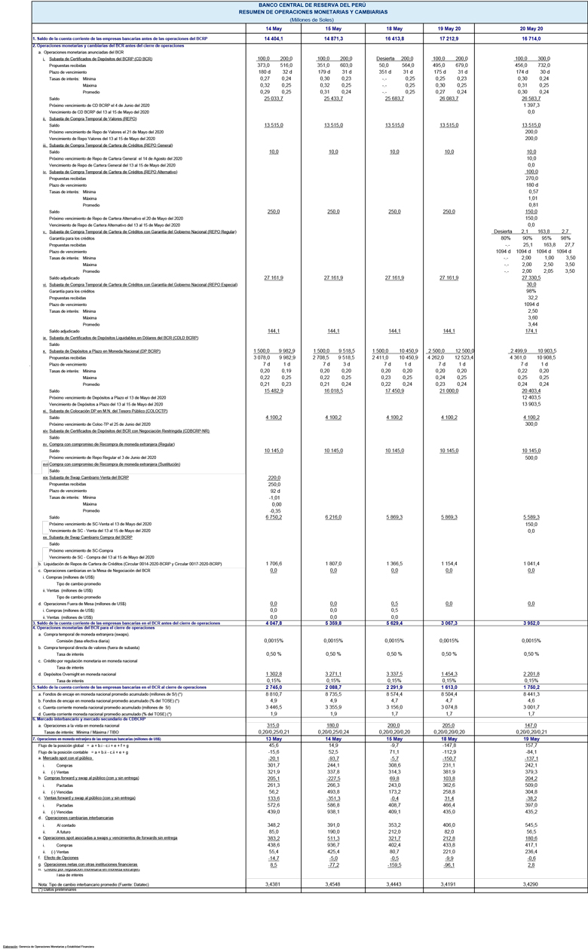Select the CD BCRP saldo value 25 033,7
coord(274,99)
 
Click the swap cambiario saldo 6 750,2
coord(274,517)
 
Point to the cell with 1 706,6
coord(274,564)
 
